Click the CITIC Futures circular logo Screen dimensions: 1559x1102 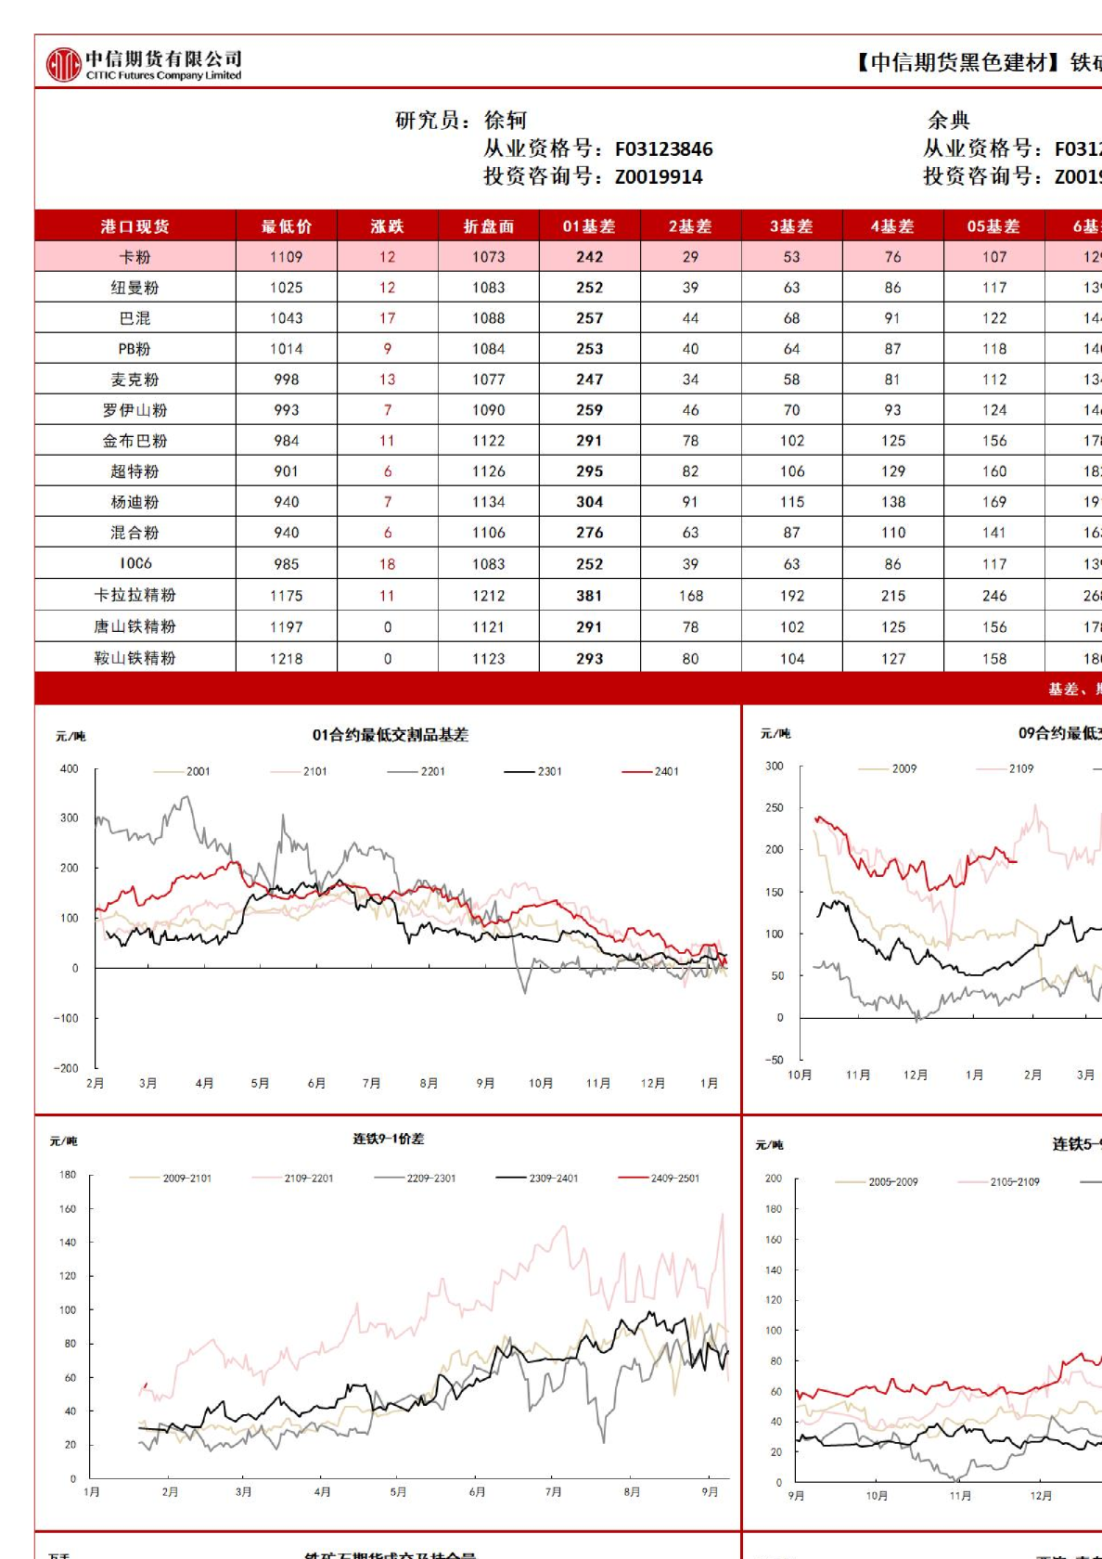point(64,64)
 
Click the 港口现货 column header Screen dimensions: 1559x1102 point(135,226)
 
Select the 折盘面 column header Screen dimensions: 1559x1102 point(489,226)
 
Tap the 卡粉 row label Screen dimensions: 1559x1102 point(135,257)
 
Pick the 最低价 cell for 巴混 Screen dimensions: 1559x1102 point(287,318)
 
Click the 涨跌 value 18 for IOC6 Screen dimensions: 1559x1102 point(387,564)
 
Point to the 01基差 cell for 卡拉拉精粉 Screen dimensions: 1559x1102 point(589,596)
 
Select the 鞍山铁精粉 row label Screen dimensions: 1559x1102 point(135,658)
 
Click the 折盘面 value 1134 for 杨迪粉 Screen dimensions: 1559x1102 point(489,502)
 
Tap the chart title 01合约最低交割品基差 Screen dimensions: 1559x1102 point(390,735)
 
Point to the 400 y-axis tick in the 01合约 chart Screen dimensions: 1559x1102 point(70,769)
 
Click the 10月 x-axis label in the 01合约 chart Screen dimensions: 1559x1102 point(541,1083)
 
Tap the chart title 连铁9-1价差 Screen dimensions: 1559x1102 point(388,1139)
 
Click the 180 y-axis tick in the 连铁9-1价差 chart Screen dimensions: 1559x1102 point(68,1175)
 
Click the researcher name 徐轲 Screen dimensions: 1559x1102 point(506,120)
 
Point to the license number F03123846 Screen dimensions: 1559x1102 point(663,148)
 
